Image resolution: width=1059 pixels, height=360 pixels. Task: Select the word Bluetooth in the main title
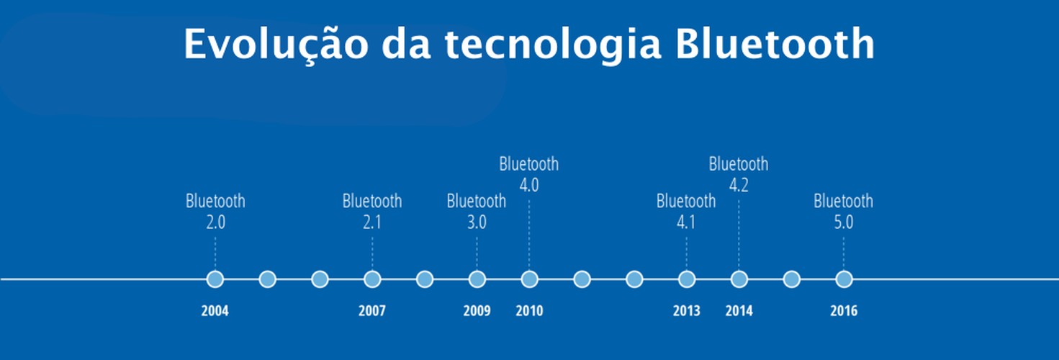775,43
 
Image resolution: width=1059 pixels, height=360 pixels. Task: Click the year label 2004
215,311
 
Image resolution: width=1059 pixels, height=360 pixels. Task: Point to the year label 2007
372,311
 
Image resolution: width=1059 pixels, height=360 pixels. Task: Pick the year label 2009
477,311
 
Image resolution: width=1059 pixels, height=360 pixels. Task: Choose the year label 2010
530,311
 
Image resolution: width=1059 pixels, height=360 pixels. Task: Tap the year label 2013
687,311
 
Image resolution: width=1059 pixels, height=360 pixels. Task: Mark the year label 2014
739,311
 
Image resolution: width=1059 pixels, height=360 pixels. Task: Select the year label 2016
844,311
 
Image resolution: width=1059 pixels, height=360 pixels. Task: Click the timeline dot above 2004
215,279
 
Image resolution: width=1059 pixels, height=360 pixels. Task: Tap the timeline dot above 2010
530,279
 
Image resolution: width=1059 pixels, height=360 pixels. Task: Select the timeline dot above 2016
844,279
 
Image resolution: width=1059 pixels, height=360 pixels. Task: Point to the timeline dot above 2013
687,279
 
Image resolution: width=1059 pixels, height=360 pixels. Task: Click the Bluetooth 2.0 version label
215,212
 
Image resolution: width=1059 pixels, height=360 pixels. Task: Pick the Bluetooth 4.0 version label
529,174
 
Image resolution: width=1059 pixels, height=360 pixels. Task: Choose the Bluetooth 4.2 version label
739,174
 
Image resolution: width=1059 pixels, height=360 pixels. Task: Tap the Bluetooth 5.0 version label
844,212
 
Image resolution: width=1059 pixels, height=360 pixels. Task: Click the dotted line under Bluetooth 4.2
739,235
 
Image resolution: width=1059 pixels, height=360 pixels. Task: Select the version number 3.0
477,222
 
